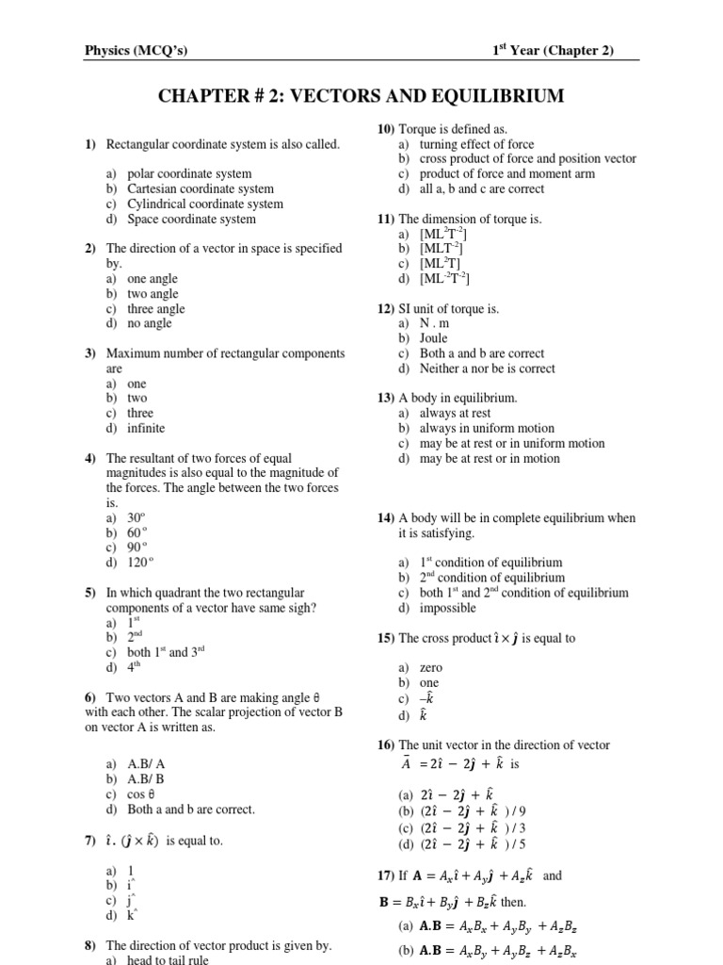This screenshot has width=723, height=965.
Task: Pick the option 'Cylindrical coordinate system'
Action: click(x=204, y=204)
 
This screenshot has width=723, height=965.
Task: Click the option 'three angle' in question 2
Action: click(x=156, y=309)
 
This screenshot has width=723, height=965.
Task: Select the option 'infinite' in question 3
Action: click(x=146, y=428)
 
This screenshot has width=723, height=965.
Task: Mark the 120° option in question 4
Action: click(x=139, y=563)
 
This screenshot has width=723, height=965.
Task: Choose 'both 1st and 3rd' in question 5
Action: click(x=166, y=652)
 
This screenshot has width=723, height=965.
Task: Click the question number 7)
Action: click(x=90, y=841)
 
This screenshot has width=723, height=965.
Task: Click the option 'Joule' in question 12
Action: click(x=434, y=338)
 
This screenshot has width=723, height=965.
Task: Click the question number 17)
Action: click(x=388, y=875)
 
